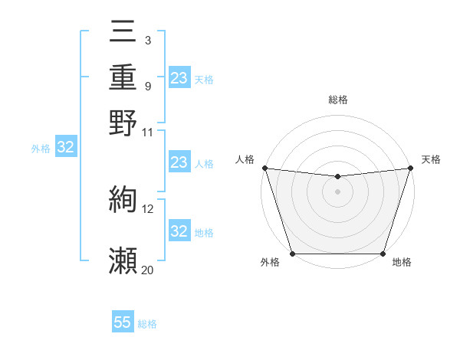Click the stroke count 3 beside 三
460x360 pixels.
(x=147, y=39)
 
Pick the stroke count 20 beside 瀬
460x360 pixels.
(x=147, y=270)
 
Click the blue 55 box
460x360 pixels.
(x=123, y=322)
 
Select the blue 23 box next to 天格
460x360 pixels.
(x=179, y=77)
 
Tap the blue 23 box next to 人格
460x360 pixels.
(x=179, y=162)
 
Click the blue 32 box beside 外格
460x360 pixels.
(x=65, y=148)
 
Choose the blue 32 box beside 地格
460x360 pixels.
(x=179, y=231)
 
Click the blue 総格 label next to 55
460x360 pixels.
(x=147, y=324)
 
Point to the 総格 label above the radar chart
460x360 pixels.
(x=337, y=100)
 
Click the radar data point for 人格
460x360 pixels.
(x=264, y=168)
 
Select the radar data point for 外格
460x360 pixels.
(x=293, y=254)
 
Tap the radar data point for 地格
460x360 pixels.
(x=383, y=254)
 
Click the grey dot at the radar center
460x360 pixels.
(x=337, y=191)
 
